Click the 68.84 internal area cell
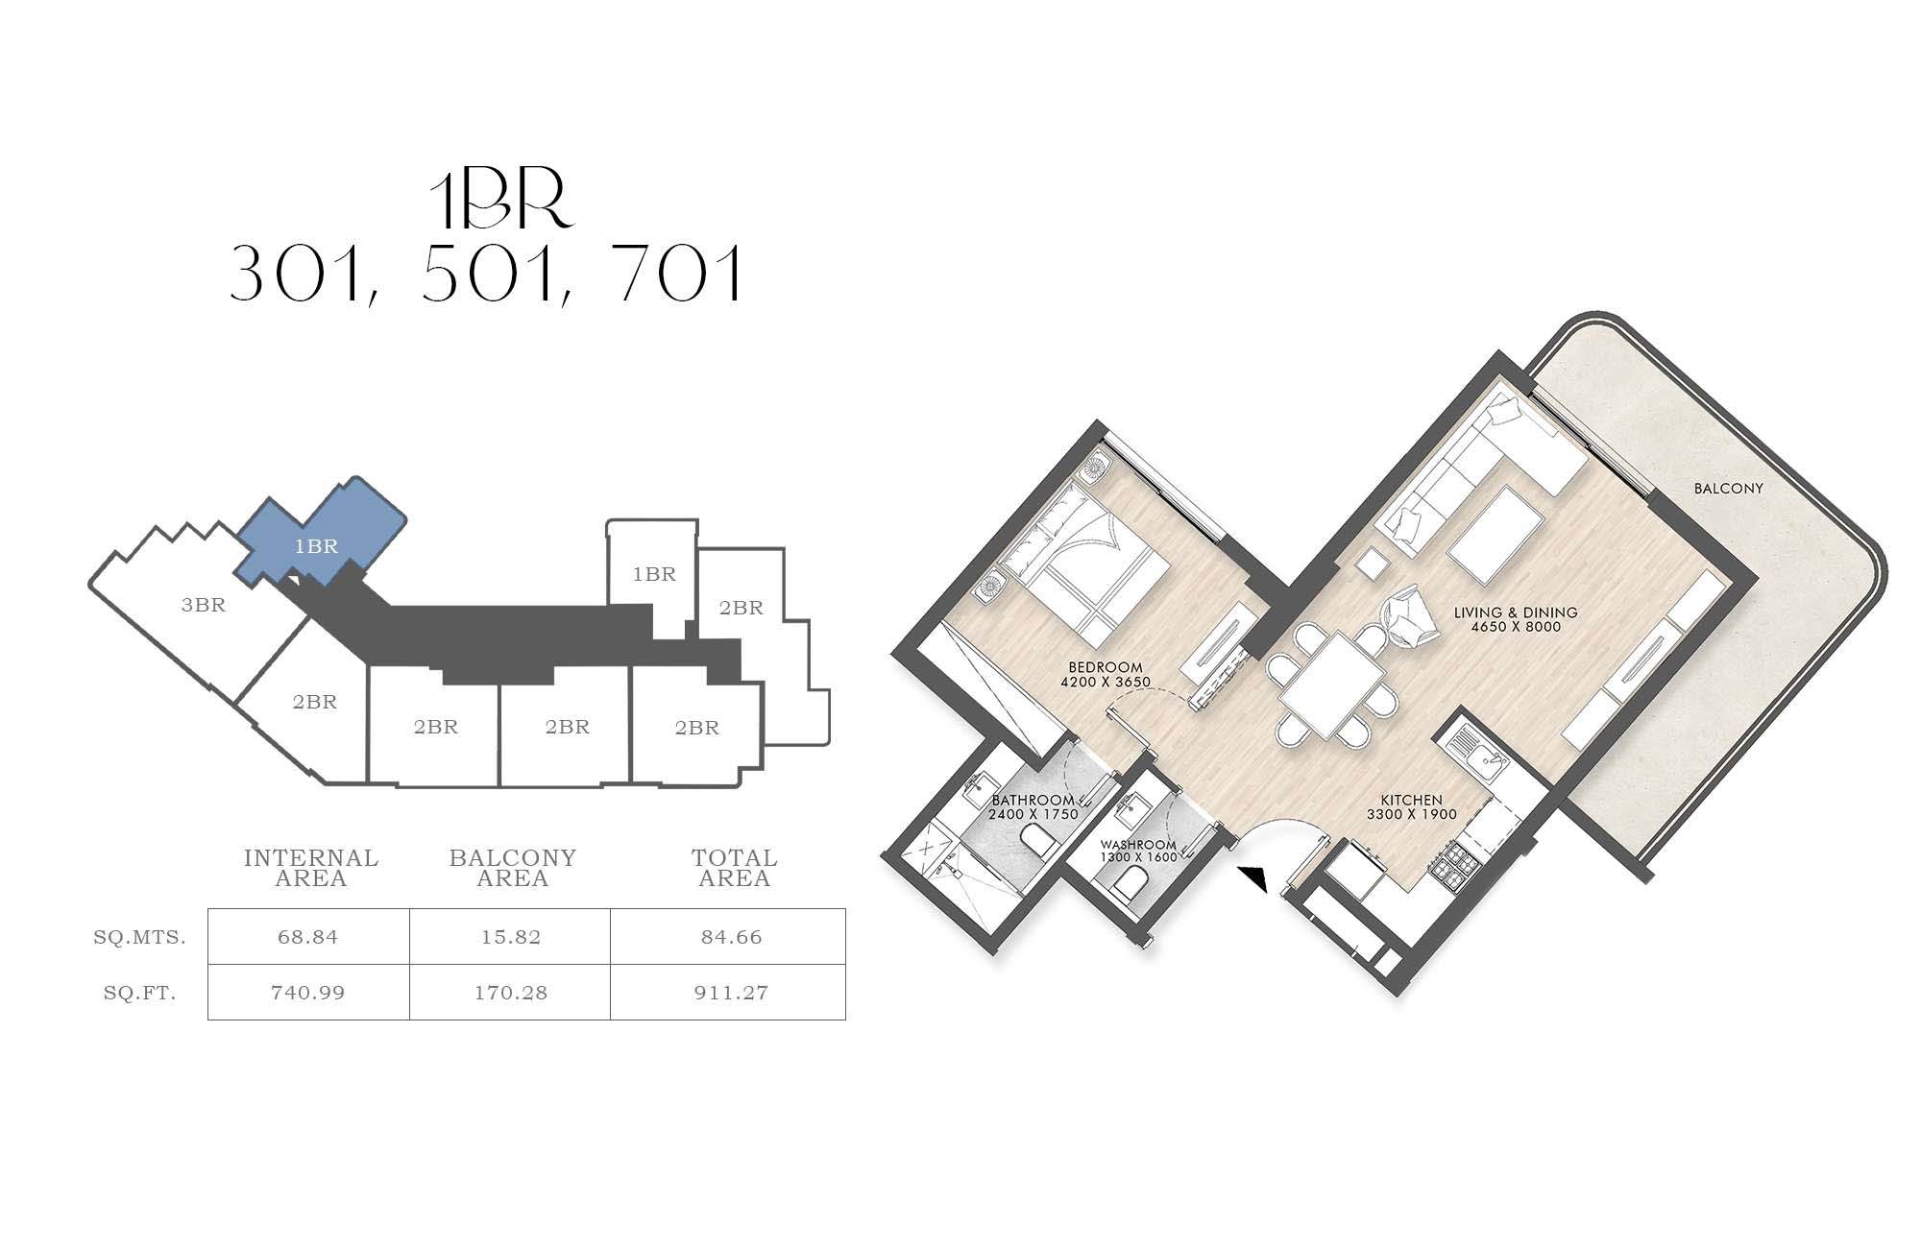[x=308, y=937]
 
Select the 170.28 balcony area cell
[x=510, y=993]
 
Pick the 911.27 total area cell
[x=729, y=993]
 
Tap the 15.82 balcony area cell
[x=510, y=937]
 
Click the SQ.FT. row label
[x=140, y=993]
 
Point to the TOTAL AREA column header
[x=735, y=868]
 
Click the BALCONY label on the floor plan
[x=1729, y=489]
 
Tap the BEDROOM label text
[x=1106, y=667]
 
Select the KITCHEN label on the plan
[x=1412, y=800]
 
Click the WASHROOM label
[x=1138, y=846]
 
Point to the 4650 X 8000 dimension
[x=1516, y=627]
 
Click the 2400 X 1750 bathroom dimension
[x=1033, y=814]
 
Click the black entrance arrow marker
[x=1253, y=879]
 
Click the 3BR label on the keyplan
[x=204, y=605]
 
